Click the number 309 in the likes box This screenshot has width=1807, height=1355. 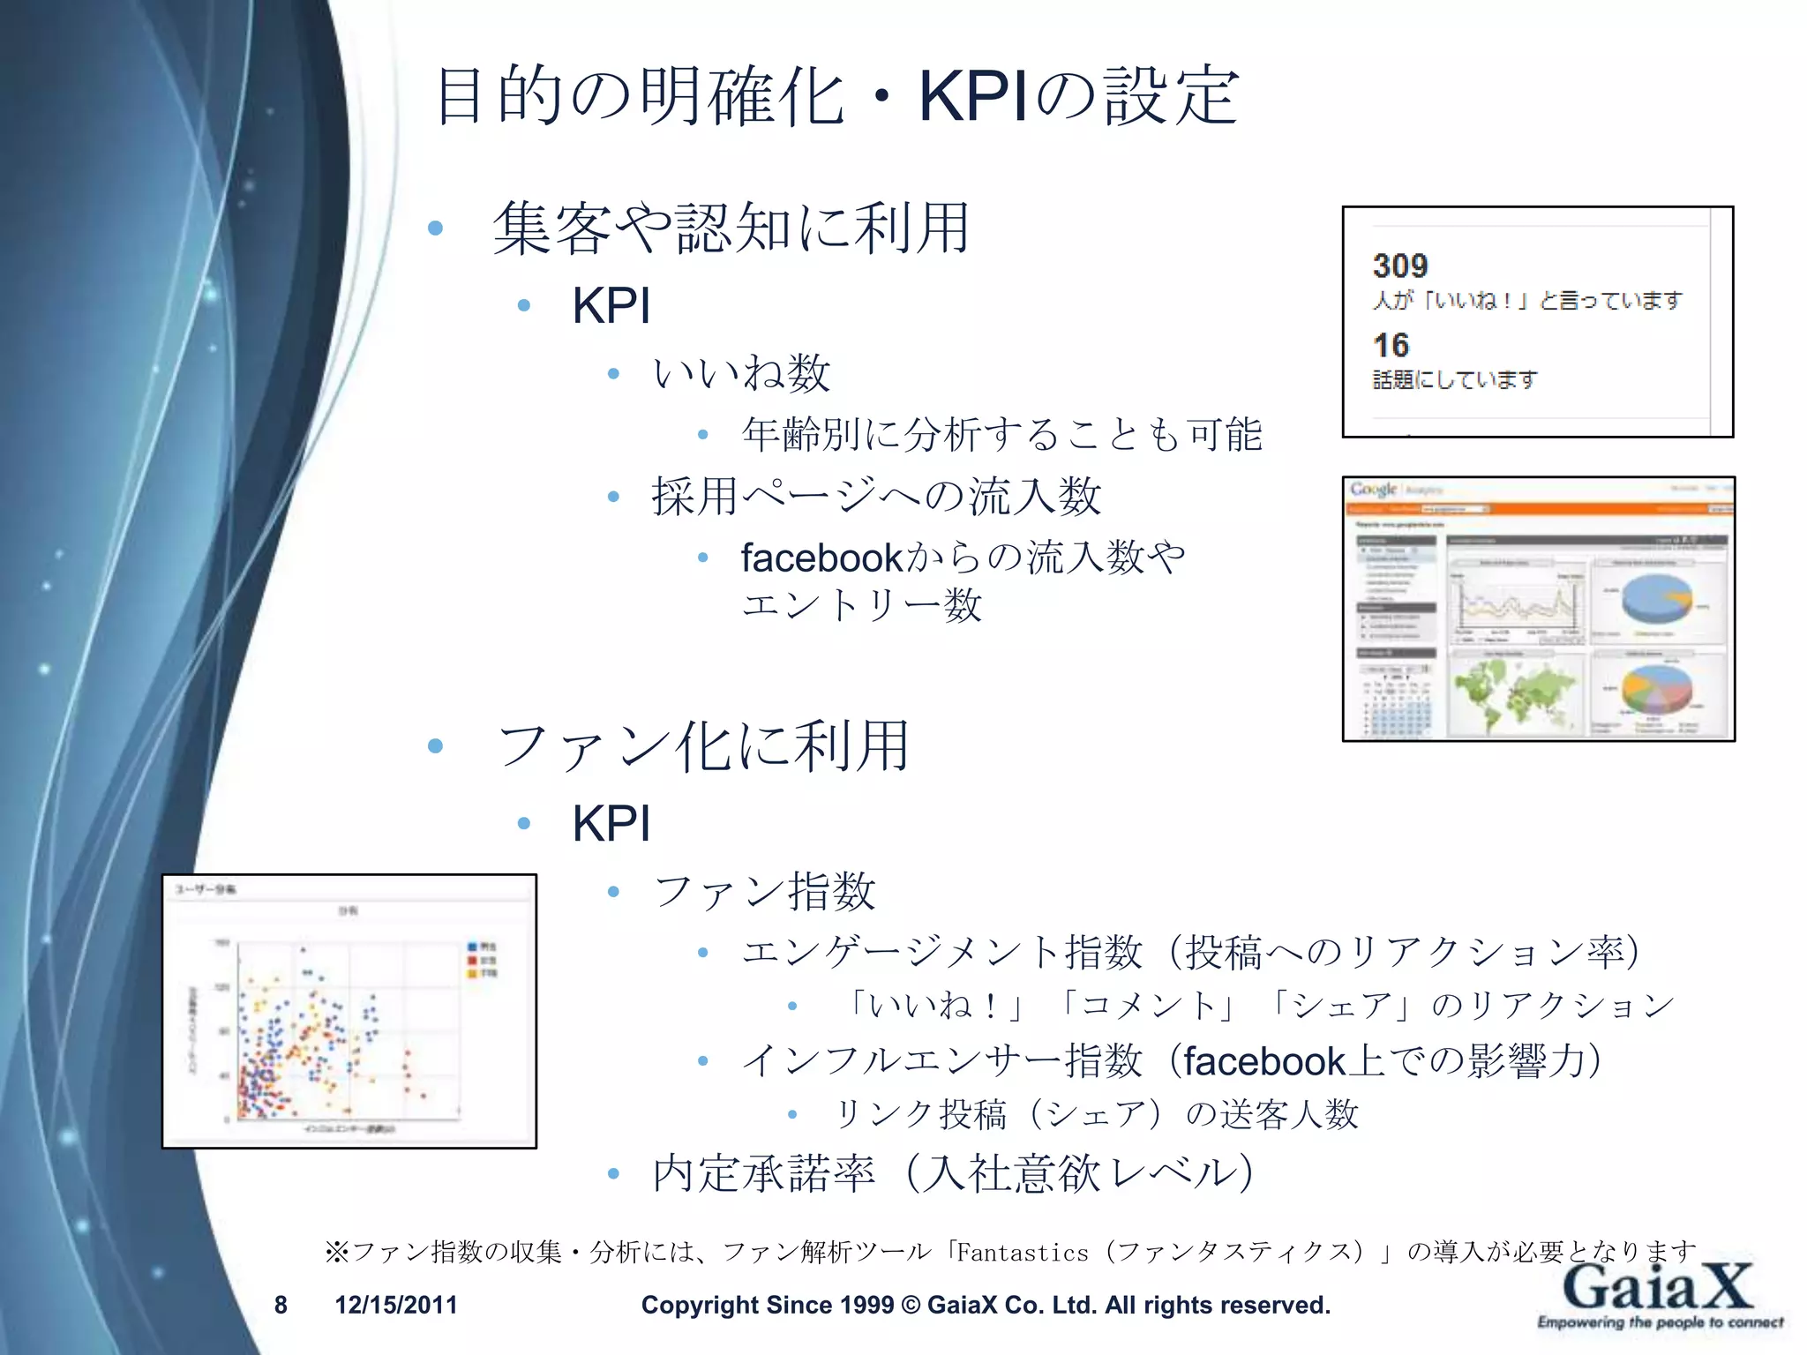tap(1399, 266)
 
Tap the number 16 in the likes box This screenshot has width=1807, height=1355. tap(1391, 345)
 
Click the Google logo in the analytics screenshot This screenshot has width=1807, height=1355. tap(1373, 490)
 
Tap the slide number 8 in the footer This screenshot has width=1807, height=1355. tap(281, 1305)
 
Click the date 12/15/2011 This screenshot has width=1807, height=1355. tap(396, 1305)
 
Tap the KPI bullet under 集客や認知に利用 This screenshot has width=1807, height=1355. tap(611, 306)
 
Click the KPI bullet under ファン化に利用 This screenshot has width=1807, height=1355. tap(611, 824)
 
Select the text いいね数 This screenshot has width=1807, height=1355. tap(741, 373)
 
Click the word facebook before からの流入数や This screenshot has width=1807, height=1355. tap(821, 558)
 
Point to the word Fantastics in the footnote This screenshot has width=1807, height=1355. tap(1022, 1253)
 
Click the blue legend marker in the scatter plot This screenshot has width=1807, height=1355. tap(472, 947)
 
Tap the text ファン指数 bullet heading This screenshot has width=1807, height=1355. tap(764, 891)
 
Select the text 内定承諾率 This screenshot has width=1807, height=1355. tap(764, 1173)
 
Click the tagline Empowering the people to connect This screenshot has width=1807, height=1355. tap(1660, 1322)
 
